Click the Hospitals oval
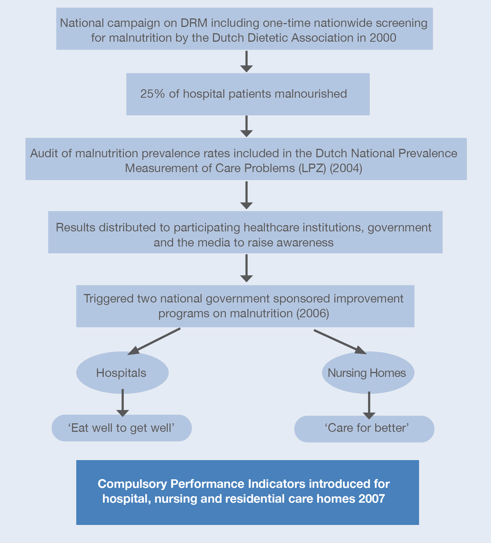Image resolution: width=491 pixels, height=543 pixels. pos(122,373)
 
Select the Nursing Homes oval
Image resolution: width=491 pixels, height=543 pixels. pos(368,373)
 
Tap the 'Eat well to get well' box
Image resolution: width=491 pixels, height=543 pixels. pos(122,428)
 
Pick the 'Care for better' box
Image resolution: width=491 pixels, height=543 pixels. pos(364,429)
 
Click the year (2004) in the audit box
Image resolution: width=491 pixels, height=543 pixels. pos(346,168)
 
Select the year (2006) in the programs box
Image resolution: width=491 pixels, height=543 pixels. pos(313,313)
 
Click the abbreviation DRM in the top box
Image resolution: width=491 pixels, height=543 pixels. pos(194,23)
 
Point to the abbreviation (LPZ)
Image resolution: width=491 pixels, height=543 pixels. pos(312,168)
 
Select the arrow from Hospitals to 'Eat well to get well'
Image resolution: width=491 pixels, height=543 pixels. pos(123,403)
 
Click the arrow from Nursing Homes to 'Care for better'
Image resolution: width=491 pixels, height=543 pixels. pos(369,405)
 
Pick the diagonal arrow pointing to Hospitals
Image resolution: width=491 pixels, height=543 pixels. pos(154,341)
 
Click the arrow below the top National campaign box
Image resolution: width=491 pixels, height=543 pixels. pos(247,61)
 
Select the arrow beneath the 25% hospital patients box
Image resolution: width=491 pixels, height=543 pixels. pos(247,126)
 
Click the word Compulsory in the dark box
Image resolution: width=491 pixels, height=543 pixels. pos(132,484)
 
